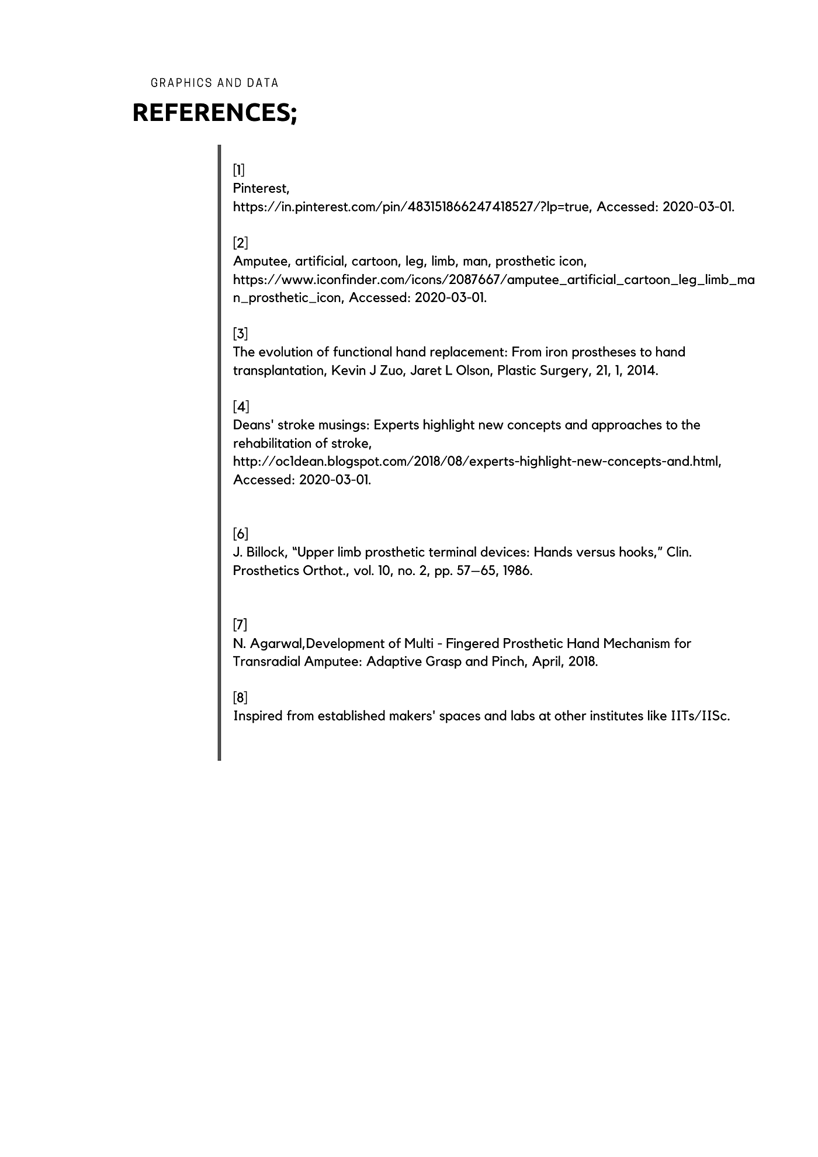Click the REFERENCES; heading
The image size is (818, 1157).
(214, 113)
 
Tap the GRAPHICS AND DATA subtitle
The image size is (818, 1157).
(214, 83)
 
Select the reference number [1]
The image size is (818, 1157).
(238, 170)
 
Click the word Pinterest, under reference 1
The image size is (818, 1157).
(261, 188)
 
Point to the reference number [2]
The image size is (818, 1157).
(240, 243)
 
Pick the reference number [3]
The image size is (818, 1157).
(240, 334)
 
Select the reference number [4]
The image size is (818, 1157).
(240, 406)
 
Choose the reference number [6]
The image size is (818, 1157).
(240, 534)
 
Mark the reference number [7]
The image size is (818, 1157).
(240, 625)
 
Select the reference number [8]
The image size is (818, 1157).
(240, 697)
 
